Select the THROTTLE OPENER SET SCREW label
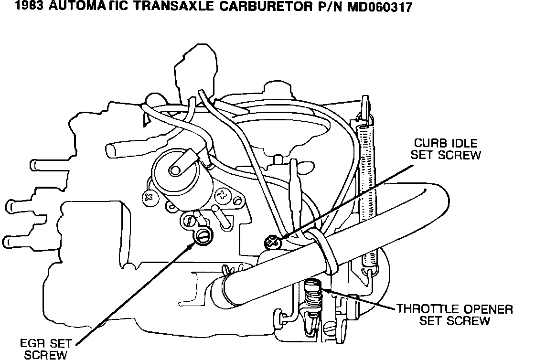tap(454, 315)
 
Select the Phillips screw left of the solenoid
tap(149, 196)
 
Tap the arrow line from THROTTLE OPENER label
tap(358, 299)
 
